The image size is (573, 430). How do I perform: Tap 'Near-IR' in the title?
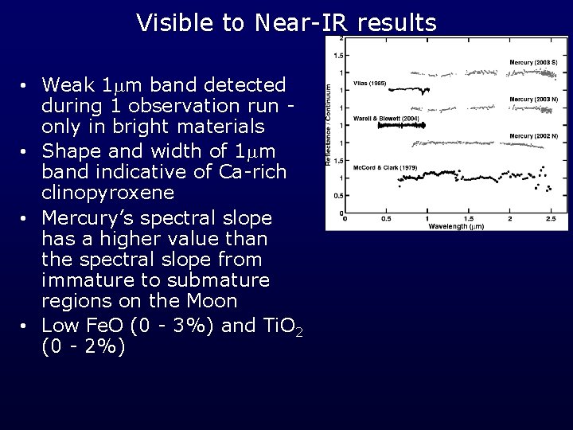(x=302, y=23)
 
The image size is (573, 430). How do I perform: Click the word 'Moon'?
(x=212, y=301)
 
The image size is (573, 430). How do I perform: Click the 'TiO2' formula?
(x=283, y=326)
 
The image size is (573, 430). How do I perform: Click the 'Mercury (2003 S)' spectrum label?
(x=534, y=62)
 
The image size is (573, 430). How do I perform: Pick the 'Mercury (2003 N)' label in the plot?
(x=534, y=100)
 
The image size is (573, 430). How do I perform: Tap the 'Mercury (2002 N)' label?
(x=534, y=136)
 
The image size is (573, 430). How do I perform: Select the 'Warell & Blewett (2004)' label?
(x=387, y=118)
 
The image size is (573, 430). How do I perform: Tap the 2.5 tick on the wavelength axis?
(x=551, y=218)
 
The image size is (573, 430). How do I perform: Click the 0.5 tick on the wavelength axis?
(x=386, y=218)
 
